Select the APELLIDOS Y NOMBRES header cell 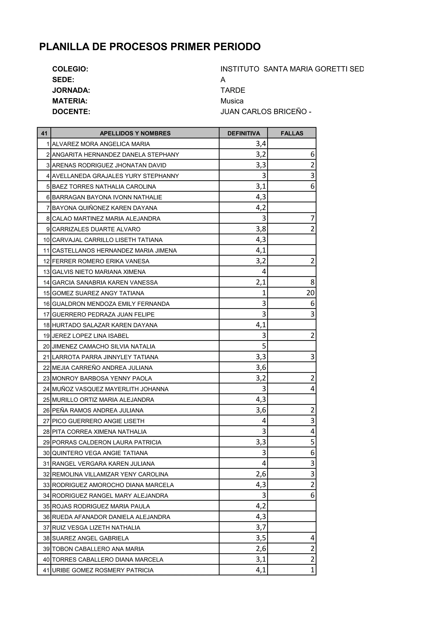coord(135,133)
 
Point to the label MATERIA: coord(70,101)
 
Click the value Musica coord(232,101)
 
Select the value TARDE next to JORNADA coord(233,90)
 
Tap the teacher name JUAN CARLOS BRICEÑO coord(264,112)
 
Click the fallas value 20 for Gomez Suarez coord(310,293)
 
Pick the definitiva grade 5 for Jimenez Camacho coord(264,346)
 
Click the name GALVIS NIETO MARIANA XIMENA coord(99,272)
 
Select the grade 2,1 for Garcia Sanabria coord(261,282)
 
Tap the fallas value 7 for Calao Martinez coord(312,218)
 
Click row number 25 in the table coord(46,400)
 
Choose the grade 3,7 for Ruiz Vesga coord(261,528)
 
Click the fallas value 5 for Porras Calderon coord(312,442)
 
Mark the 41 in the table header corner coord(44,133)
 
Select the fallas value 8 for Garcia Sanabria coord(312,282)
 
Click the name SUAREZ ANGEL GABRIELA coord(90,538)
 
